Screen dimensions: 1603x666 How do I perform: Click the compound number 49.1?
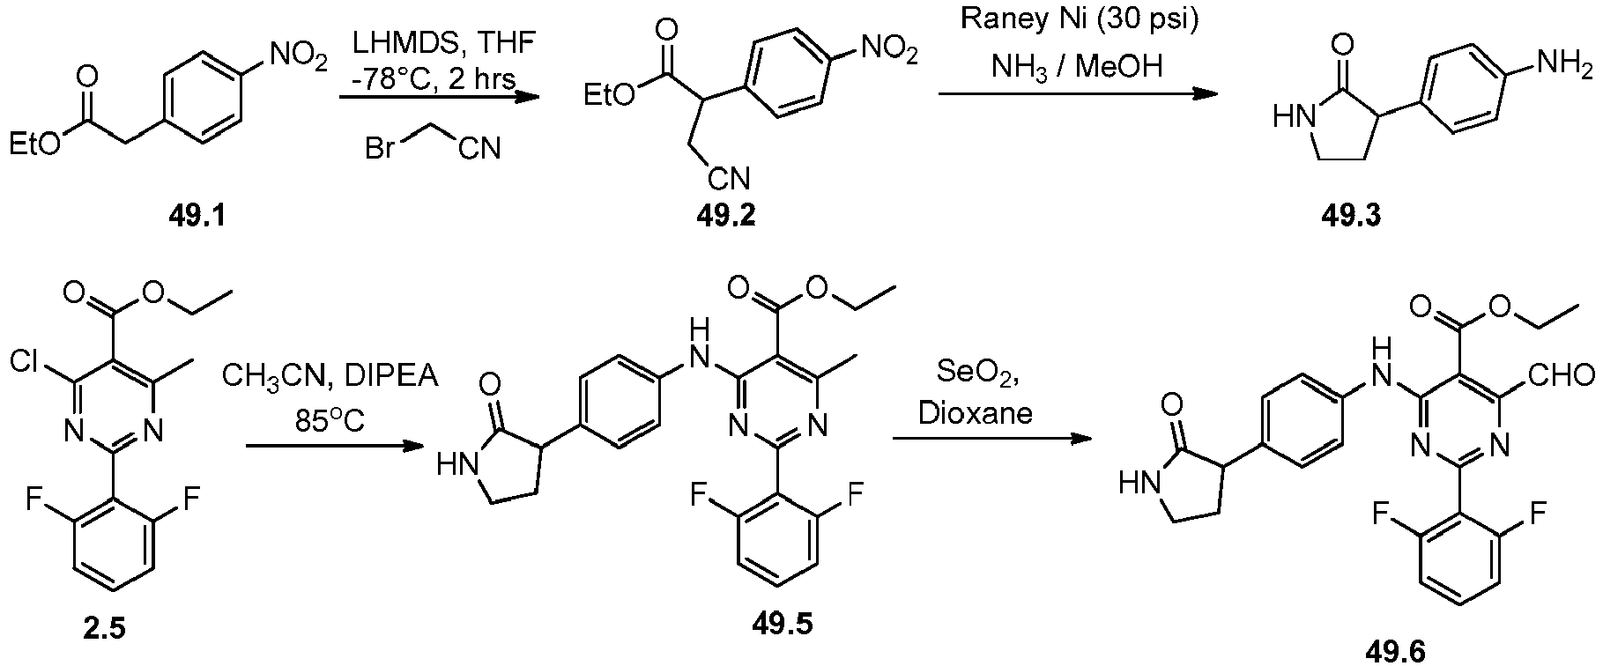197,215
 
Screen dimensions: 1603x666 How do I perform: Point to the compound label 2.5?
104,628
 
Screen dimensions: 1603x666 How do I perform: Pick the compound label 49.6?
1394,651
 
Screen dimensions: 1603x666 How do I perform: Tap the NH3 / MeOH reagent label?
1077,66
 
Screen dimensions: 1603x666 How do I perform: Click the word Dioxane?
976,413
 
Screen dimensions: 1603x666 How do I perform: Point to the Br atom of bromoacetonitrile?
380,148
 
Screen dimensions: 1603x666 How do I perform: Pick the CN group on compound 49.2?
731,180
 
